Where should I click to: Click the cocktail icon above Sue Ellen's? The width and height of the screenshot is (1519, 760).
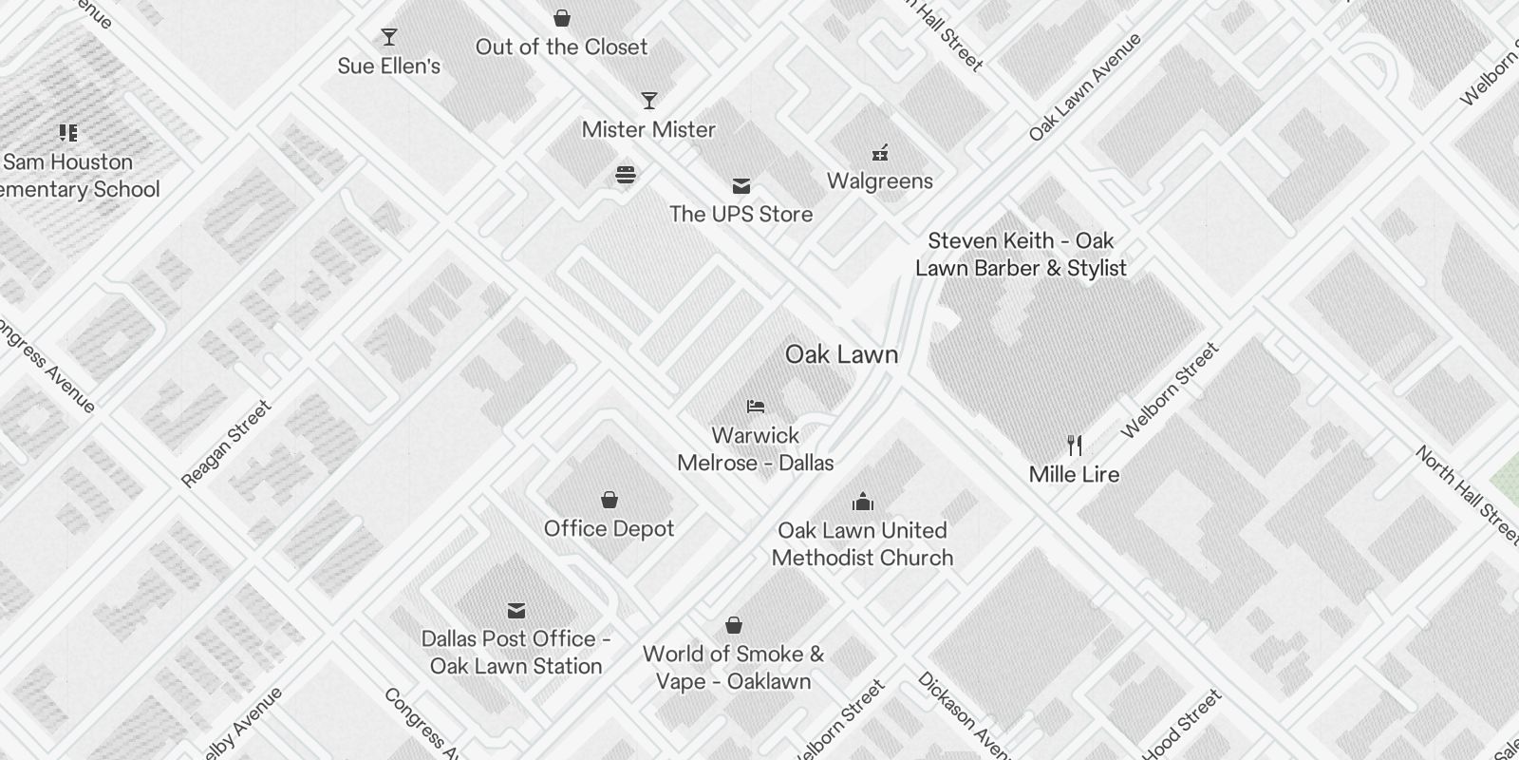tap(389, 37)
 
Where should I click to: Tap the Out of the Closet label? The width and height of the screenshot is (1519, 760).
tap(561, 47)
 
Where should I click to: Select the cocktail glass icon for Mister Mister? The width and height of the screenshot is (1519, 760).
tap(649, 101)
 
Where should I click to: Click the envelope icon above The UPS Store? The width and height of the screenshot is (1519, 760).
tap(741, 186)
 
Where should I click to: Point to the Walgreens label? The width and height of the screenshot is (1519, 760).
tap(880, 180)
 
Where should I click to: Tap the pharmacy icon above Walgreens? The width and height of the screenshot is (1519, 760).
tap(880, 153)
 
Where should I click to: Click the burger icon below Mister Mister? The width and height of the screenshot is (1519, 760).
tap(625, 174)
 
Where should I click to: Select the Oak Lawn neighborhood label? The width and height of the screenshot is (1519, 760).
tap(841, 354)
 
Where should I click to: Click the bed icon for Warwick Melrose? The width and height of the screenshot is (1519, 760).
tap(756, 407)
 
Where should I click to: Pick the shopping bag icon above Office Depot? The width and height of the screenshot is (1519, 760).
tap(609, 500)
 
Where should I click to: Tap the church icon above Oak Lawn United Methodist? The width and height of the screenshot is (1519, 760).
tap(863, 501)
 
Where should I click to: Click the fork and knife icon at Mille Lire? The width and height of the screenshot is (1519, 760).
tap(1075, 445)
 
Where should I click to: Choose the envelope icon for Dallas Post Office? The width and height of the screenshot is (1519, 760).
tap(516, 610)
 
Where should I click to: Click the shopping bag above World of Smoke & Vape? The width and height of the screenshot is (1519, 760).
tap(733, 625)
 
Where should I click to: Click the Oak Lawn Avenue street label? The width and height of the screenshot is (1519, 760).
tap(1086, 86)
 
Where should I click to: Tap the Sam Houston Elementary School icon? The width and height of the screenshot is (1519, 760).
tap(67, 132)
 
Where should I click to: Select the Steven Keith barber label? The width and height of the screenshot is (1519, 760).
tap(1021, 255)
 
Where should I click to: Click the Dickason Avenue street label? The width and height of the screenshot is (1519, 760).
tap(961, 714)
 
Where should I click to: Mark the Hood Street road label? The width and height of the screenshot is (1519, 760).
tap(1182, 725)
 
